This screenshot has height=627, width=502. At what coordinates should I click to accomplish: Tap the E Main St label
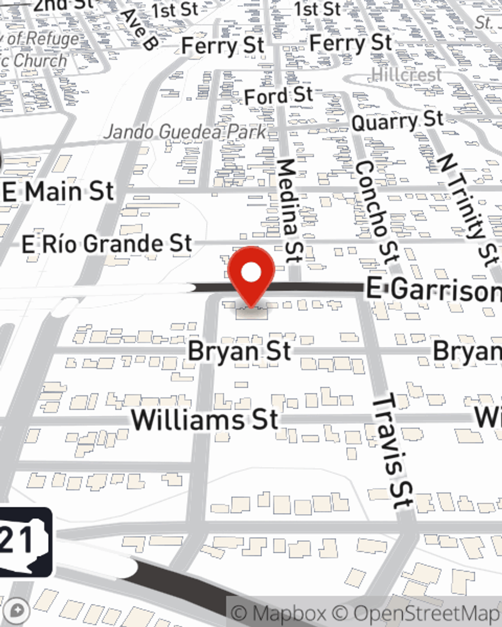(59, 192)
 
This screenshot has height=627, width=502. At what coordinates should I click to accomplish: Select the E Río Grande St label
(107, 244)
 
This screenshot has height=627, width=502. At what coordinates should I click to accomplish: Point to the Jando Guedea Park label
(185, 132)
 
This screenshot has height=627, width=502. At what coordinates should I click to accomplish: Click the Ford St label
(279, 95)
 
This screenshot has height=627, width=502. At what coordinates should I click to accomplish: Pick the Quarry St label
(398, 121)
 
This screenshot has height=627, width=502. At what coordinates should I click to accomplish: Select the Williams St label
(205, 419)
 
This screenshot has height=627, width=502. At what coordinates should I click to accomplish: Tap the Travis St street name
(393, 451)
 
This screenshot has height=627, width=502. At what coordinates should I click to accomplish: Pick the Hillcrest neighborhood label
(407, 75)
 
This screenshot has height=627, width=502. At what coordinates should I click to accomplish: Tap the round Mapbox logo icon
(18, 611)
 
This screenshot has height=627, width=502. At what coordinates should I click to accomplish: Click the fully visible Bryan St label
(239, 351)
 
